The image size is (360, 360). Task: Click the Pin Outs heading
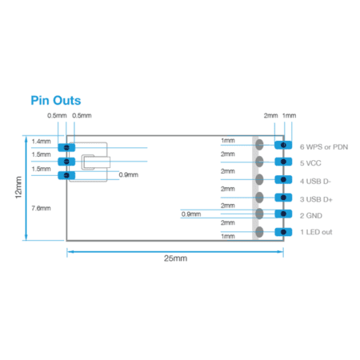[56, 101]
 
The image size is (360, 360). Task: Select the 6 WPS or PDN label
[324, 147]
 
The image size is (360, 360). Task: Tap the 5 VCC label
[310, 163]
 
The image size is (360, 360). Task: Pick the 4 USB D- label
[315, 182]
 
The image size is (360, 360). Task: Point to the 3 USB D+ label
[316, 199]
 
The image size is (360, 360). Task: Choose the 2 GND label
[311, 215]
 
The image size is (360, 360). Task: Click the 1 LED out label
[316, 232]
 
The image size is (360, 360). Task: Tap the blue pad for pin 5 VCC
[283, 162]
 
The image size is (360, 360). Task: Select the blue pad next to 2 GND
[283, 214]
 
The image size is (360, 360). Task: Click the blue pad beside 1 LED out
[283, 232]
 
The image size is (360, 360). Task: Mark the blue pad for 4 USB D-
[283, 179]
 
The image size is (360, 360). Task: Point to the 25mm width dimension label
[175, 258]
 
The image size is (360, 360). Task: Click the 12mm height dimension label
[18, 187]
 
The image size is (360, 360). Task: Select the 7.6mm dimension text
[41, 208]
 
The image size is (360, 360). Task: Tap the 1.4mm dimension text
[41, 142]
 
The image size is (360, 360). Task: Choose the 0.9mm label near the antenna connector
[129, 175]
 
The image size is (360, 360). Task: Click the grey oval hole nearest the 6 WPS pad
[259, 145]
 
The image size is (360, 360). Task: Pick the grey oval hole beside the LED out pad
[259, 232]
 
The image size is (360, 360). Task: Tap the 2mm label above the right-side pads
[270, 116]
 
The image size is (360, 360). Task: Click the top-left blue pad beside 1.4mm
[66, 147]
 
